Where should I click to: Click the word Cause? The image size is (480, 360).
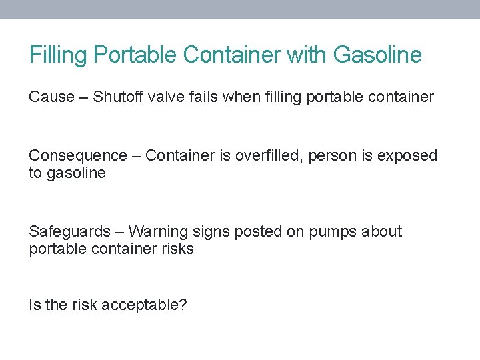pos(51,97)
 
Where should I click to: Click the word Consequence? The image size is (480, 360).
pos(77,156)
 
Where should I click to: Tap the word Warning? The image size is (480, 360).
pos(157,232)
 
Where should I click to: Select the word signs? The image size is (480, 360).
pos(209,232)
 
